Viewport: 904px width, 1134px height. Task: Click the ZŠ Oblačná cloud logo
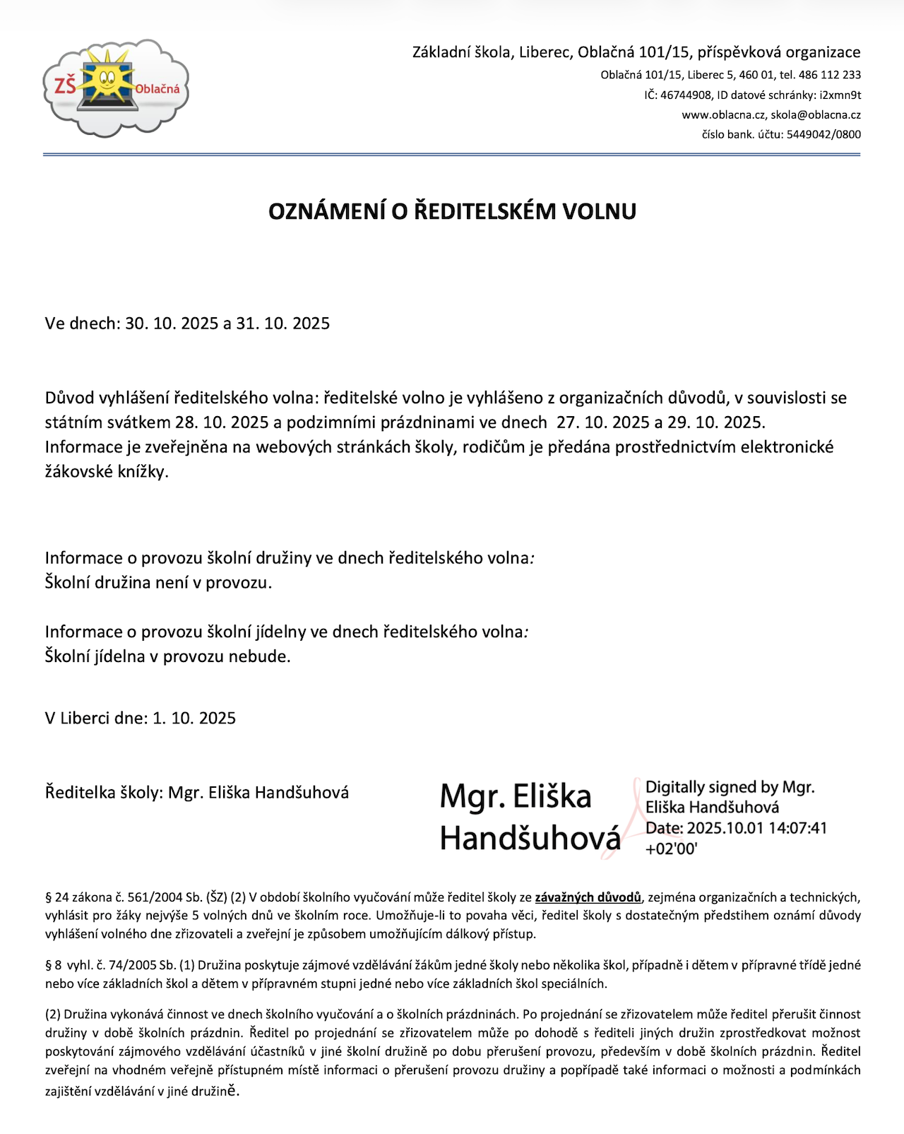point(115,88)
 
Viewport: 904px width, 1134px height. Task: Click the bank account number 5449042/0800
point(823,134)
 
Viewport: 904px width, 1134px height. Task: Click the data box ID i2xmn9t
point(840,95)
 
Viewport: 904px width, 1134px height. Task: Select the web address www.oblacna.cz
point(723,114)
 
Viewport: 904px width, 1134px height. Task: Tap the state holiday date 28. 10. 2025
point(222,423)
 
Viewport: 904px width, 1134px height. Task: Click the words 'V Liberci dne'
point(95,719)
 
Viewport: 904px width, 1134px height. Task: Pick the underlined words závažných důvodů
point(588,897)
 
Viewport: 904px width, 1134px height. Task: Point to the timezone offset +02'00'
point(671,849)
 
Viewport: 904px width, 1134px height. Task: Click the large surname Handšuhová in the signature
point(530,839)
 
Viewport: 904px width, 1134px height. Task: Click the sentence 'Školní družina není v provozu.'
point(158,583)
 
